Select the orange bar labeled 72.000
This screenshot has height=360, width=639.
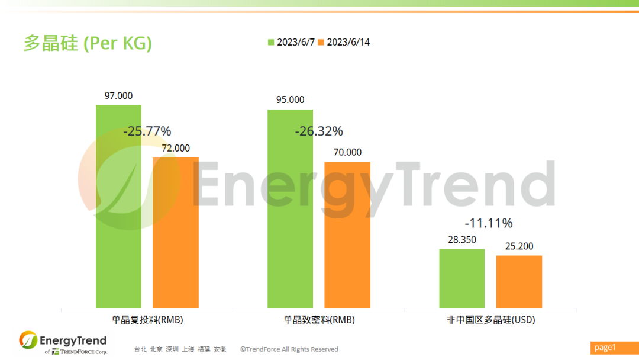[176, 232]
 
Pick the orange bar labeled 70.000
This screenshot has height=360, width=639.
[347, 234]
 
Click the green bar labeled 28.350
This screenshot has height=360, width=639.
[461, 278]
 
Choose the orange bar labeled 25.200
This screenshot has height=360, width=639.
[519, 281]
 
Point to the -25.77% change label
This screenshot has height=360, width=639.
[147, 131]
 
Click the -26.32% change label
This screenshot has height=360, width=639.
[319, 131]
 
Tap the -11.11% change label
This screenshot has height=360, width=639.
[489, 223]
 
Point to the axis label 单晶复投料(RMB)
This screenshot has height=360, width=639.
[147, 320]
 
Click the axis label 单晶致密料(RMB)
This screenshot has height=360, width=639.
[319, 320]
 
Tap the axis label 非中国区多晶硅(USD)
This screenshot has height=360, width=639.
[490, 320]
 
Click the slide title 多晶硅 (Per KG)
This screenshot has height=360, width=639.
[88, 43]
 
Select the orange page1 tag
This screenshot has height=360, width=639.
[613, 347]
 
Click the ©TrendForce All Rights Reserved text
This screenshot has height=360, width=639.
[289, 349]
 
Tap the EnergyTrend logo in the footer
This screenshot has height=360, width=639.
[63, 342]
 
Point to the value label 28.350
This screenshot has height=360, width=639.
[461, 240]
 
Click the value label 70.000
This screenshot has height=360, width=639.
[347, 152]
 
